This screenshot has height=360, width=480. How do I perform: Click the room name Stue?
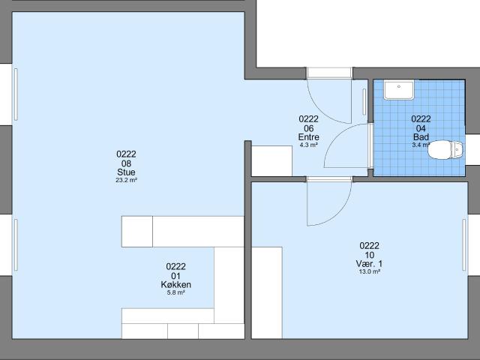126,172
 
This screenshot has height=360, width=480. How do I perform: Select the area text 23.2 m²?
126,181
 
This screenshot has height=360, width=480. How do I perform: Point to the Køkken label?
175,284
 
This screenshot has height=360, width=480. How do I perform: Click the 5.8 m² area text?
175,292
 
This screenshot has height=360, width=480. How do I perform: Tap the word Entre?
309,137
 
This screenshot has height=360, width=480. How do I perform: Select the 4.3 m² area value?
309,145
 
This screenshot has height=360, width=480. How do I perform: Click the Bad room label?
421,137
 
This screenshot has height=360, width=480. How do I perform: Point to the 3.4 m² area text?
421,145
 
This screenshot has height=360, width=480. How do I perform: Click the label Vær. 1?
370,263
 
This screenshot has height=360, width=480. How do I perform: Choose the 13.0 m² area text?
370,271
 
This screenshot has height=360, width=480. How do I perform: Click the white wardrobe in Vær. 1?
266,292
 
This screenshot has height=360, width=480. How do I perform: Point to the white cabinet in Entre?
271,160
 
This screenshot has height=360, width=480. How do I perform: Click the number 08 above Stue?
126,163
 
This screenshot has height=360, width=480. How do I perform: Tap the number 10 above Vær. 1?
370,254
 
